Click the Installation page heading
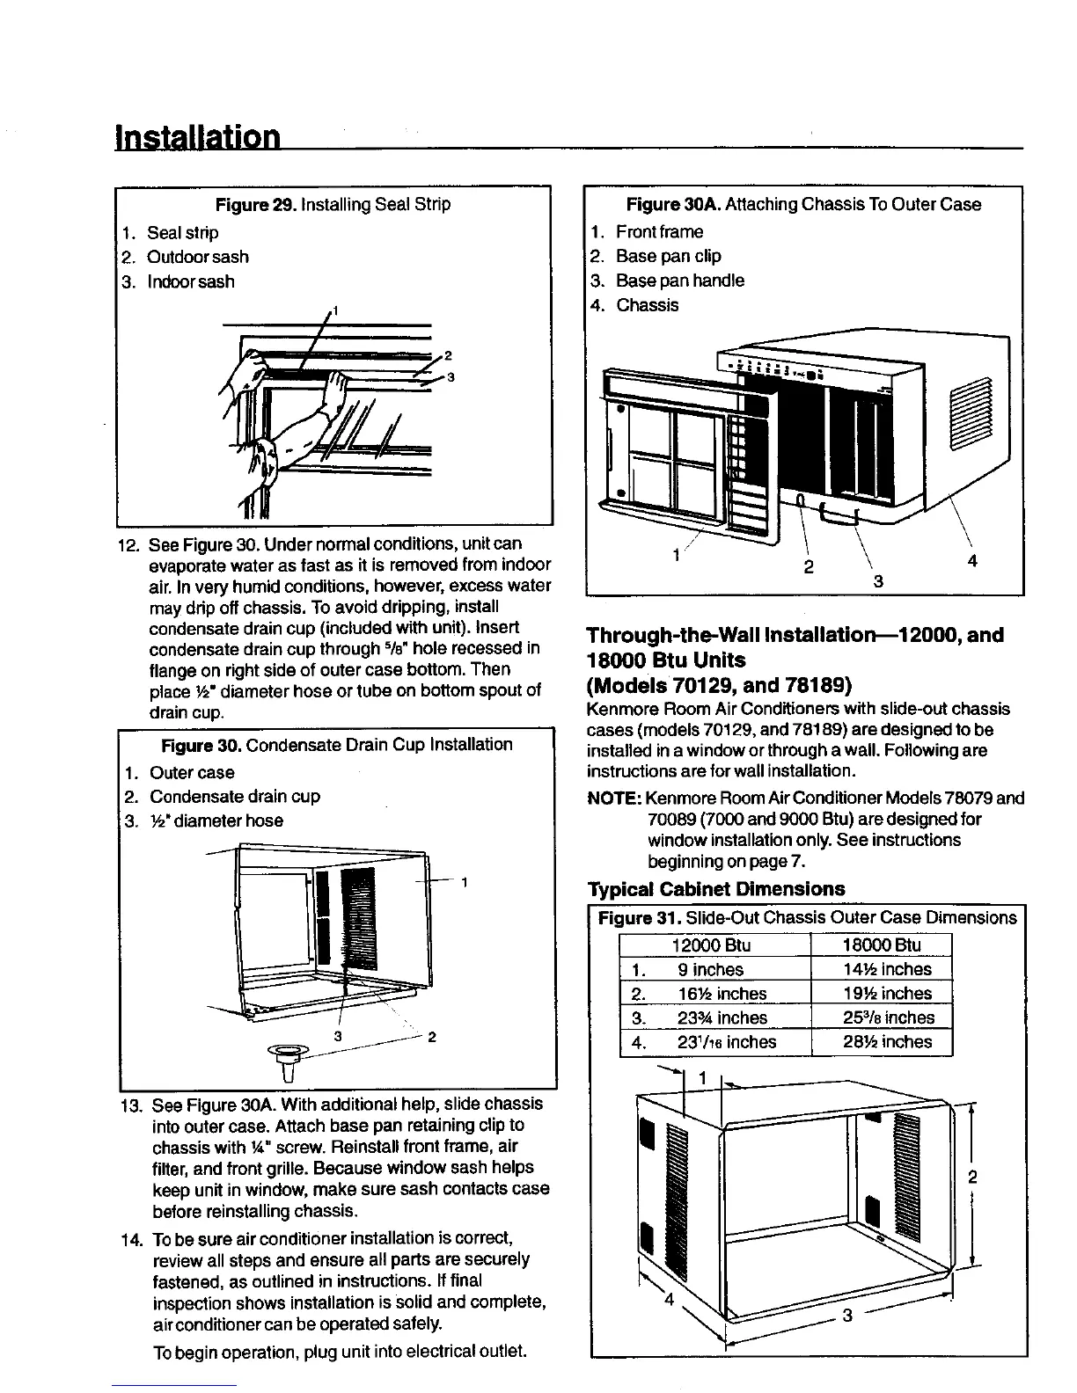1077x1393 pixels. [x=198, y=138]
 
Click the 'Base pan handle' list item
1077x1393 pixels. [x=679, y=281]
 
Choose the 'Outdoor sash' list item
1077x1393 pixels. [x=197, y=257]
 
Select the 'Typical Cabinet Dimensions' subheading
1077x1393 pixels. [x=715, y=889]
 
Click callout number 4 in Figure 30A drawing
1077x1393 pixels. [x=972, y=560]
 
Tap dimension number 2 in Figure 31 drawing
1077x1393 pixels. [x=972, y=1178]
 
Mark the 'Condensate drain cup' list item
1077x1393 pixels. [x=234, y=797]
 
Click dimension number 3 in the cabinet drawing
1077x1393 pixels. [x=847, y=1316]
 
